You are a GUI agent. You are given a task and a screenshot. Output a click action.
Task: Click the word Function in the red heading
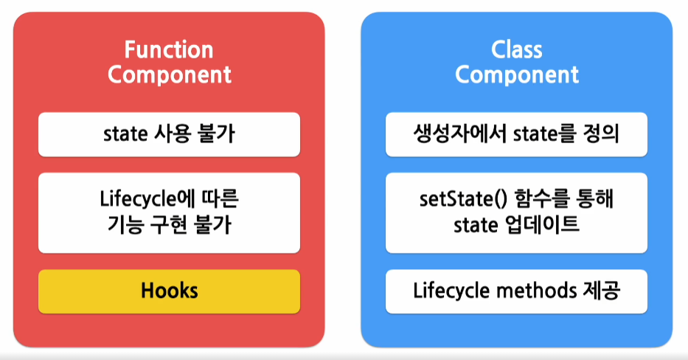(169, 49)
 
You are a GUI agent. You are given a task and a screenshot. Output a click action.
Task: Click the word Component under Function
(170, 75)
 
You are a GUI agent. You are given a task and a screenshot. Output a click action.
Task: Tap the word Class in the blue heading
(516, 49)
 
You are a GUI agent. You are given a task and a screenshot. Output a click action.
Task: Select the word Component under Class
(517, 75)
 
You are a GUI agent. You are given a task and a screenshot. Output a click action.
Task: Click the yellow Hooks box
(170, 291)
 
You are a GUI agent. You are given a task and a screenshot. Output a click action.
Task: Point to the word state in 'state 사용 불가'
(125, 134)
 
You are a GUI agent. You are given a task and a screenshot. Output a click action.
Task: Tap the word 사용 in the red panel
(173, 134)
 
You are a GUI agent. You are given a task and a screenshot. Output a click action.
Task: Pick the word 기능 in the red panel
(125, 225)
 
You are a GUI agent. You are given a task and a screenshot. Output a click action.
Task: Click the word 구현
(169, 225)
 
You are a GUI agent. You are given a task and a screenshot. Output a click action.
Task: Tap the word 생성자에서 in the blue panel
(460, 134)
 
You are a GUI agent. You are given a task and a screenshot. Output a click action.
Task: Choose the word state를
(544, 134)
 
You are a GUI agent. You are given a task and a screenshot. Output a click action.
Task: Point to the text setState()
(463, 199)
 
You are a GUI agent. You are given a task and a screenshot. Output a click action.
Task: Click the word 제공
(602, 291)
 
